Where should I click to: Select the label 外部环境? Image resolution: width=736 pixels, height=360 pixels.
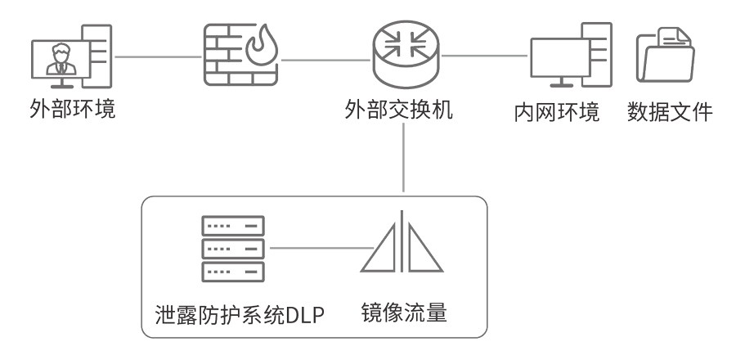69,107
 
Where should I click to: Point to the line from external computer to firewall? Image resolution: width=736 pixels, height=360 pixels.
159,58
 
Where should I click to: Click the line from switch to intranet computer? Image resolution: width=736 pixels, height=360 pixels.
483,56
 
